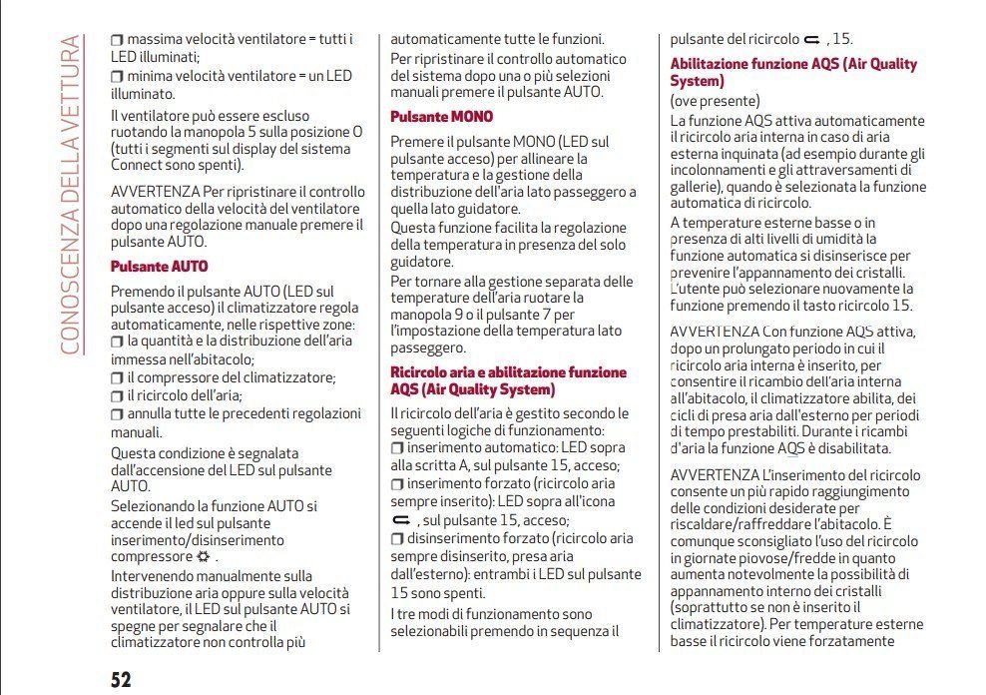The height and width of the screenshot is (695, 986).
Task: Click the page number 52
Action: click(121, 680)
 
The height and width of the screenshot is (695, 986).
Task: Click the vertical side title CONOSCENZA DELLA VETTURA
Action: click(70, 195)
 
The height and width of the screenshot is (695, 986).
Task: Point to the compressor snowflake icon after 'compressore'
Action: click(205, 556)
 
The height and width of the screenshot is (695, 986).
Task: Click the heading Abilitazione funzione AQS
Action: click(793, 72)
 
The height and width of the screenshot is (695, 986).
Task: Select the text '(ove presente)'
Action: click(715, 101)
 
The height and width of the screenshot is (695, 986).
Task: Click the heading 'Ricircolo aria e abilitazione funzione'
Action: click(508, 371)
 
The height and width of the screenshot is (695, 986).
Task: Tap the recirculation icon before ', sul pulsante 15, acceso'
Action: click(401, 521)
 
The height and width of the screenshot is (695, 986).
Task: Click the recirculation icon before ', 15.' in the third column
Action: click(810, 40)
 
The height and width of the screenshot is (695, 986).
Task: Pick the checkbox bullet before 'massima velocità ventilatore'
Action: click(117, 39)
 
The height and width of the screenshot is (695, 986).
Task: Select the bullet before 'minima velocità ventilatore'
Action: click(117, 76)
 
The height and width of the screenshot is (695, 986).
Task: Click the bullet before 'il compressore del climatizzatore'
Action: click(117, 377)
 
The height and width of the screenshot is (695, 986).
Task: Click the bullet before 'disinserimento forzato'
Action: click(396, 539)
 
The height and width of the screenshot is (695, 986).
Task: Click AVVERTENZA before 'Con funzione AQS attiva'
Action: click(715, 331)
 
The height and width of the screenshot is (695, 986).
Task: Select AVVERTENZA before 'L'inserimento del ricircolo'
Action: click(715, 474)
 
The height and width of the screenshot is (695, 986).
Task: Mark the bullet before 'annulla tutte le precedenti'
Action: click(117, 413)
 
